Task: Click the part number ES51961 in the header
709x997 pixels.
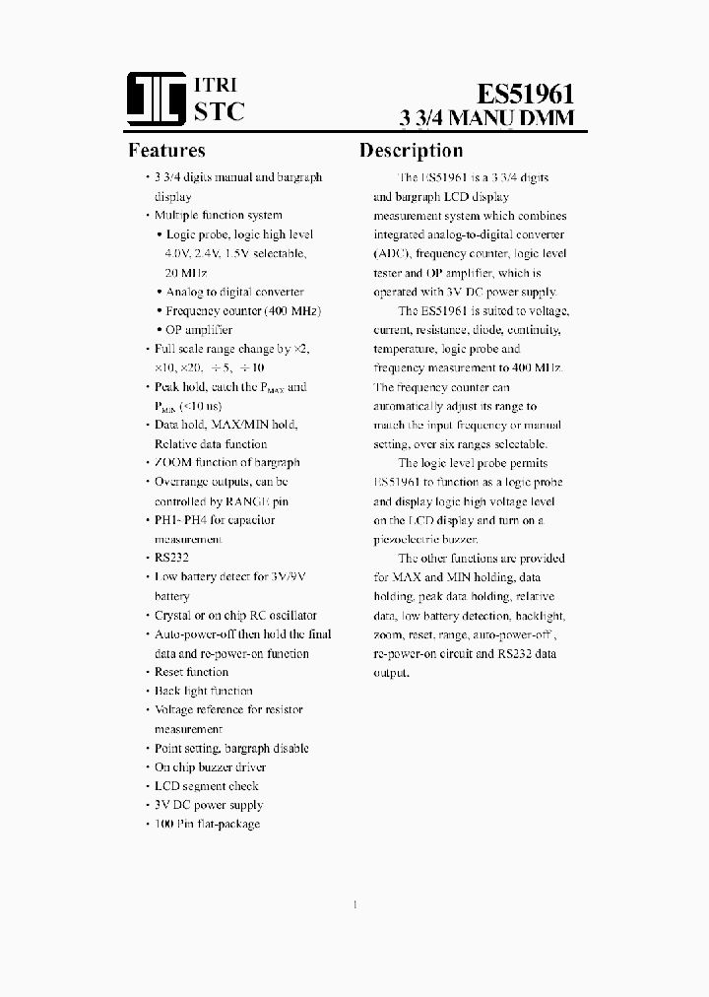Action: click(x=525, y=94)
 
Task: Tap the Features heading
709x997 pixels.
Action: click(x=166, y=151)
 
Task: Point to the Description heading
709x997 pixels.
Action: click(x=411, y=151)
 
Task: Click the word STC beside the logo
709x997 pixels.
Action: click(x=219, y=111)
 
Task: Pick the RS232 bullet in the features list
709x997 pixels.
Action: click(x=171, y=558)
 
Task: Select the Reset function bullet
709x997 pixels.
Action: click(x=191, y=672)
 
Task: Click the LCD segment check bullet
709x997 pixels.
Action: click(x=206, y=786)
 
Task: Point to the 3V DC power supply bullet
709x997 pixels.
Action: click(x=209, y=805)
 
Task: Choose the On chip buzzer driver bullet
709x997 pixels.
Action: click(x=210, y=766)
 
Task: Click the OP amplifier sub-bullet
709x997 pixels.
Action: click(x=199, y=330)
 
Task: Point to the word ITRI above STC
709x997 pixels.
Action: click(x=216, y=85)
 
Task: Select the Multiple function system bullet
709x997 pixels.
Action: click(x=218, y=215)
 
